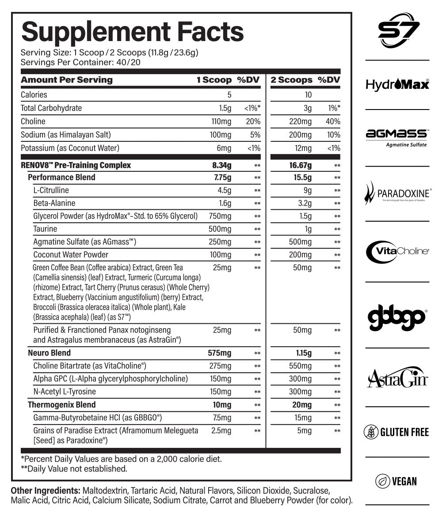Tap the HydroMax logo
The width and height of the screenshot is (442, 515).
(397, 84)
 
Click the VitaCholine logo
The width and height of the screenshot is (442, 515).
(397, 251)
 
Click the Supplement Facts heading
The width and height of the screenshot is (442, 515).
(133, 32)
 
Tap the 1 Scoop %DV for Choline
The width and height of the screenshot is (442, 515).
(253, 121)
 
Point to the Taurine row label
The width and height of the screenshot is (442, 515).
(45, 229)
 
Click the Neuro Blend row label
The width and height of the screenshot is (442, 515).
(49, 353)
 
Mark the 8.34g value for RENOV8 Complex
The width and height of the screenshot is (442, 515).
(222, 165)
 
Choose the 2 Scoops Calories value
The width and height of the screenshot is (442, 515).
(308, 95)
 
